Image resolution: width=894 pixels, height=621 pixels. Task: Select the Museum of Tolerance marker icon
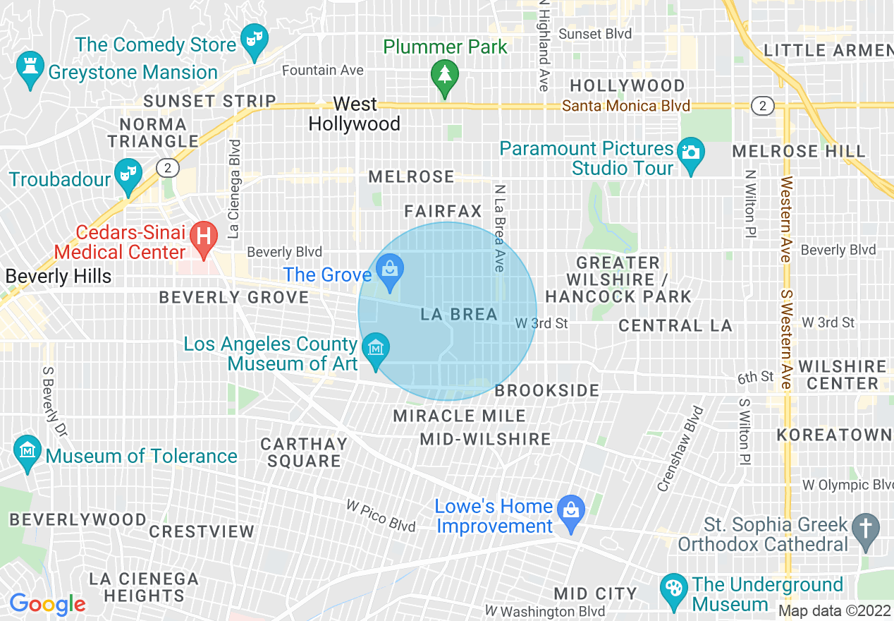tap(28, 452)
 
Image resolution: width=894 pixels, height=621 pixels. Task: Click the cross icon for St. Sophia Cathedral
tap(866, 529)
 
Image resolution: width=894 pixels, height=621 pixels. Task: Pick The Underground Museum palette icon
tap(674, 590)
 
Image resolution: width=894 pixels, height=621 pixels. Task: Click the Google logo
tap(47, 604)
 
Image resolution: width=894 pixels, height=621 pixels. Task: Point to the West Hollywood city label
tap(355, 114)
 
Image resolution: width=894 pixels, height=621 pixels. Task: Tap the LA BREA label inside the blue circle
tap(459, 315)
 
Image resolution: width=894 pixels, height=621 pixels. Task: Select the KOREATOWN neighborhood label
tap(834, 435)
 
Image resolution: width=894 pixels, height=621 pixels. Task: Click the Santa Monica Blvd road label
tap(626, 106)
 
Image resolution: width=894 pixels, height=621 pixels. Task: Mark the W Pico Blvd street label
tap(381, 517)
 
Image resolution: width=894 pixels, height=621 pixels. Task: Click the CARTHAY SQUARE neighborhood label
tap(304, 452)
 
